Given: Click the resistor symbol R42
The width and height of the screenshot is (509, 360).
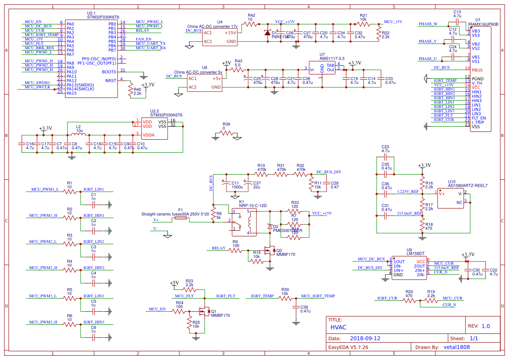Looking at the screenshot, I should pyautogui.click(x=251, y=25).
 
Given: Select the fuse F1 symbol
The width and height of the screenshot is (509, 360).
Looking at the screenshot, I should pyautogui.click(x=181, y=219).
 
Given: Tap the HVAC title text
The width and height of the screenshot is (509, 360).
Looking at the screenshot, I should pyautogui.click(x=338, y=327).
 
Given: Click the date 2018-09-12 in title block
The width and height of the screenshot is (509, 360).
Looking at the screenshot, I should pyautogui.click(x=365, y=338).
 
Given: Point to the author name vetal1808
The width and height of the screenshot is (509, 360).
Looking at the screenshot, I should pyautogui.click(x=457, y=347).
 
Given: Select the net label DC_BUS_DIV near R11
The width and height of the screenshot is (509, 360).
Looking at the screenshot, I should pyautogui.click(x=328, y=172).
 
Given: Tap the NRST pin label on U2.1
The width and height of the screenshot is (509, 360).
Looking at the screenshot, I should pyautogui.click(x=111, y=81).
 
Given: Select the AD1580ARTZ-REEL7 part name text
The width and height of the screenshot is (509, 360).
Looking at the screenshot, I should pyautogui.click(x=468, y=185).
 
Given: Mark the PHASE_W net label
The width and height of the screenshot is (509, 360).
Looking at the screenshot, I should pyautogui.click(x=428, y=24).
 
